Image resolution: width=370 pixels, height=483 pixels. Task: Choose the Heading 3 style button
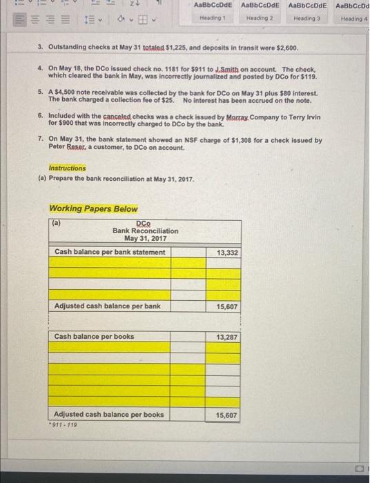[x=305, y=12]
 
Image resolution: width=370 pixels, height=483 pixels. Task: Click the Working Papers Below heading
[x=93, y=209]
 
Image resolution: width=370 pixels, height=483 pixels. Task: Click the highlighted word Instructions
[x=68, y=168]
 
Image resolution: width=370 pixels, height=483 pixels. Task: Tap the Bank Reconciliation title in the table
[x=145, y=231]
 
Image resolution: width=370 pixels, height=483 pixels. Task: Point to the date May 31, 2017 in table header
[x=145, y=239]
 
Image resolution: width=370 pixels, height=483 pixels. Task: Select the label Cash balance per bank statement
[x=110, y=252]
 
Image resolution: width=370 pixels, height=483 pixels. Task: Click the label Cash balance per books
[x=94, y=337]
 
